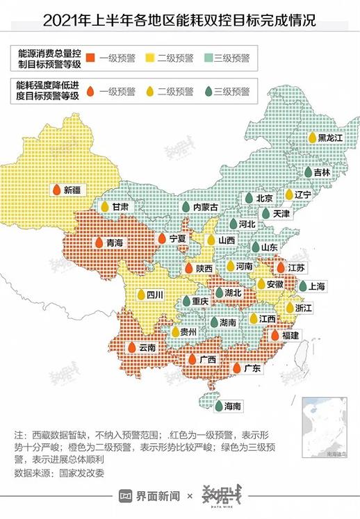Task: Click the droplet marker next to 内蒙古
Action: (186, 207)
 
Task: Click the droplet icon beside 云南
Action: (130, 347)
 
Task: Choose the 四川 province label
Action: (154, 295)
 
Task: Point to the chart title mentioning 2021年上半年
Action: (179, 20)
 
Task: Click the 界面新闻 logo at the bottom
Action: (149, 496)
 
